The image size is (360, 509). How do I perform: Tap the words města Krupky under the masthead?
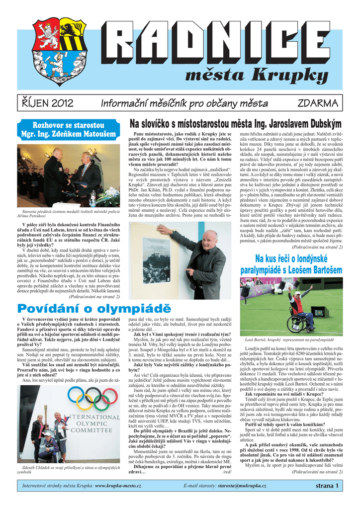[x=256, y=75]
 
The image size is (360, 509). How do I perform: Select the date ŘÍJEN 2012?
[x=47, y=103]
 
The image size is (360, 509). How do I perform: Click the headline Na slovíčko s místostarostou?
[x=235, y=123]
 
